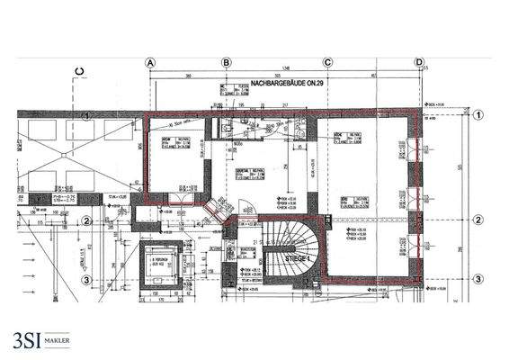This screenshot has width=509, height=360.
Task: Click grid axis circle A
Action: [150, 62]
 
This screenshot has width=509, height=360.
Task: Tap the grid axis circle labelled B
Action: [227, 62]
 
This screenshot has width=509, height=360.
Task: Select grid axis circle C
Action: [328, 62]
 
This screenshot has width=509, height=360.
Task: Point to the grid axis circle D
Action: [418, 62]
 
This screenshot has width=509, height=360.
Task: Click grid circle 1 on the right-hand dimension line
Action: [478, 115]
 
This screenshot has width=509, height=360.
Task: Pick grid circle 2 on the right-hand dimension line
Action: [478, 220]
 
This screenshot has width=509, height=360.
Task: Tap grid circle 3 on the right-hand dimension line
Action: [478, 278]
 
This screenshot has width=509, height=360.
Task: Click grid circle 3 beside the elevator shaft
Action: [87, 279]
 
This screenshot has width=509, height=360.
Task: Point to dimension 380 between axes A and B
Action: [188, 76]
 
